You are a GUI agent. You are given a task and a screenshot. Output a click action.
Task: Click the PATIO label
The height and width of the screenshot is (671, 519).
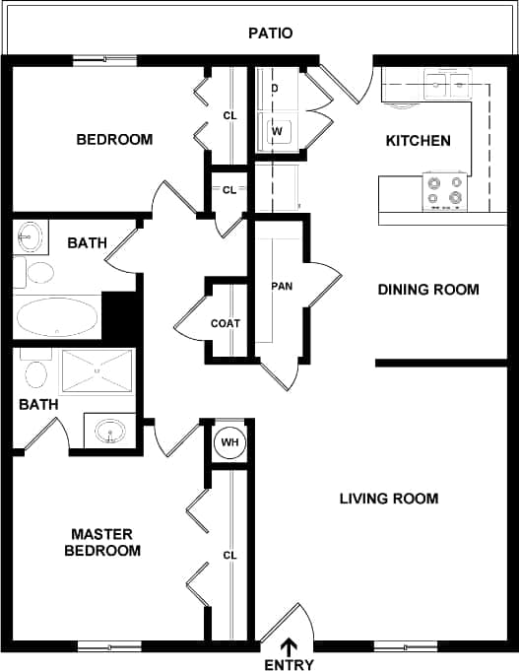click(270, 34)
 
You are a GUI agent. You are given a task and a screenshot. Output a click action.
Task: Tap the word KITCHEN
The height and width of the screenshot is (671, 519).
click(418, 141)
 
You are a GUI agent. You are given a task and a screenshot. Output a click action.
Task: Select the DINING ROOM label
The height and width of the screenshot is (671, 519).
click(428, 290)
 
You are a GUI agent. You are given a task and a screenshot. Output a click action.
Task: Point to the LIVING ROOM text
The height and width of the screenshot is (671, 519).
click(389, 499)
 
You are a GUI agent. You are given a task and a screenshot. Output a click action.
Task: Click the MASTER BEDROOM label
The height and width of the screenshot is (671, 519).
click(102, 542)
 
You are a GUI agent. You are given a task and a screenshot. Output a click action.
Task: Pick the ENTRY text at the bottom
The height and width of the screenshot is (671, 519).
click(290, 665)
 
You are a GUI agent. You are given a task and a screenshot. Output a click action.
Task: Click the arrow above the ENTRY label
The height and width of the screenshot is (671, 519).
click(290, 646)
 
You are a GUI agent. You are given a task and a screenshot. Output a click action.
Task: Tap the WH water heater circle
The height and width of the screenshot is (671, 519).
click(230, 442)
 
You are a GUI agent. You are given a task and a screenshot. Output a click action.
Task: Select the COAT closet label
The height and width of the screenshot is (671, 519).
click(225, 323)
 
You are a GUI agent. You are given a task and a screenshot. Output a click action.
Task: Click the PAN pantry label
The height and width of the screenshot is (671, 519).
click(281, 287)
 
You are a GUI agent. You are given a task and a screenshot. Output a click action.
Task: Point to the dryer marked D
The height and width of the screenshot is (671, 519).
click(275, 90)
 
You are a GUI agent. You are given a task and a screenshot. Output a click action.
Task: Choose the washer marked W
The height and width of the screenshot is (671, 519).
click(276, 130)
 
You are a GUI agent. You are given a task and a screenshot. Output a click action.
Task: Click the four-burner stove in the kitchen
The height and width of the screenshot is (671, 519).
click(443, 190)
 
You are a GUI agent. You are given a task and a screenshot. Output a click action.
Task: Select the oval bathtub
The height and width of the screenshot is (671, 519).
click(57, 318)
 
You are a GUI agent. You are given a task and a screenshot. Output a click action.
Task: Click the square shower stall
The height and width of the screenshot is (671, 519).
click(96, 371)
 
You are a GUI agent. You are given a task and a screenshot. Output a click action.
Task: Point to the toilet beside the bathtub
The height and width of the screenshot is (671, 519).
click(39, 273)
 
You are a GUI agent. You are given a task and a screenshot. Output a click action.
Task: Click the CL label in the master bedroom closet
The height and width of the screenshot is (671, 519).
click(230, 556)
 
